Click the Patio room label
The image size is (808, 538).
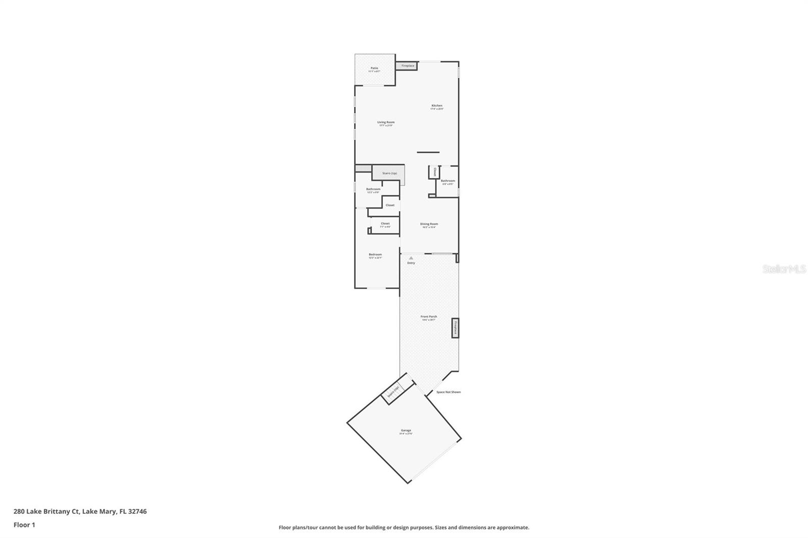click(374, 68)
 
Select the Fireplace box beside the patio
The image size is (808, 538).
click(408, 66)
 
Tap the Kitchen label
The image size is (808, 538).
click(437, 106)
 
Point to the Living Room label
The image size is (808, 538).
click(386, 122)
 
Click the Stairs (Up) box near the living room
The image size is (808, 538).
click(389, 173)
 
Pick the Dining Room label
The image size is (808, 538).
click(429, 224)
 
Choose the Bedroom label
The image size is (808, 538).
click(375, 255)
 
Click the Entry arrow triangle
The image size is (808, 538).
click(411, 258)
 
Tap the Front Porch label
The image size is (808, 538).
click(429, 317)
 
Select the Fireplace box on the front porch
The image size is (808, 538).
click(455, 328)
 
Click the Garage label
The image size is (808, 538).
click(406, 431)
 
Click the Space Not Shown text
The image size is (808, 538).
click(448, 392)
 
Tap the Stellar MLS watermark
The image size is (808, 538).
click(784, 270)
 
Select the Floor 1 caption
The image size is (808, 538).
click(24, 525)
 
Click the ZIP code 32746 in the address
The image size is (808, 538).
click(137, 511)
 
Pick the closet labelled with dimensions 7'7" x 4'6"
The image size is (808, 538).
click(385, 225)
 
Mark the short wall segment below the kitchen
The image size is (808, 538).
click(428, 152)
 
